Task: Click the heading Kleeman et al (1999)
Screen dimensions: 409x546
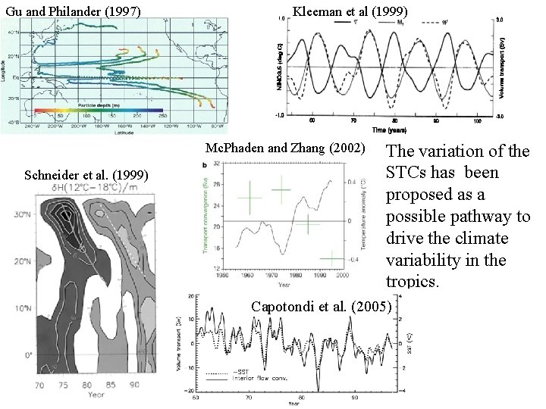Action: click(350, 11)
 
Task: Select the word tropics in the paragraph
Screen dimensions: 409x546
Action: click(412, 281)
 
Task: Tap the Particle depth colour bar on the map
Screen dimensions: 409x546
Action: click(99, 110)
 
